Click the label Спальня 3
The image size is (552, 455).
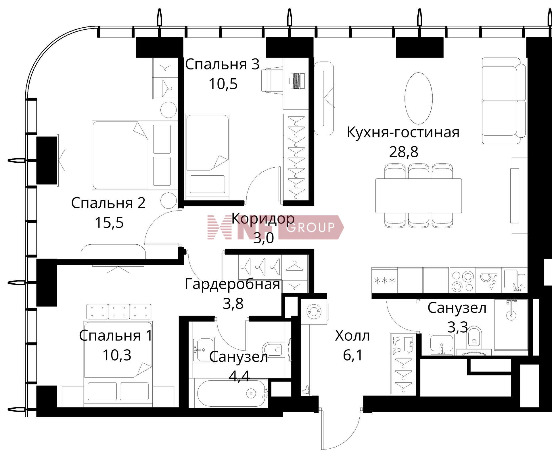coord(222,64)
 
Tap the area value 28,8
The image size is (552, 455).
coord(403,151)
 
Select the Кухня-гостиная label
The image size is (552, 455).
coord(403,132)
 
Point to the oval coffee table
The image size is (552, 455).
coord(418,98)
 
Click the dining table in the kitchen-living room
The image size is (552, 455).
coord(418,196)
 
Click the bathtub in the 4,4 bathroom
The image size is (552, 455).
coord(231,393)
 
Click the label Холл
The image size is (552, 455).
coord(352,336)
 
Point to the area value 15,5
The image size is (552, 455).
coord(109,222)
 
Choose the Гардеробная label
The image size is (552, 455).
coord(232,284)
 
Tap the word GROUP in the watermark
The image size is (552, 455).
coord(311,227)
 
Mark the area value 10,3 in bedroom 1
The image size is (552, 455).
coord(117,355)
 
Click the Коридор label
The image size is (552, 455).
coord(263,219)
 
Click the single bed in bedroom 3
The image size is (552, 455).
coord(207,157)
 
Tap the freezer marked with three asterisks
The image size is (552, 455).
coord(384,280)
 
